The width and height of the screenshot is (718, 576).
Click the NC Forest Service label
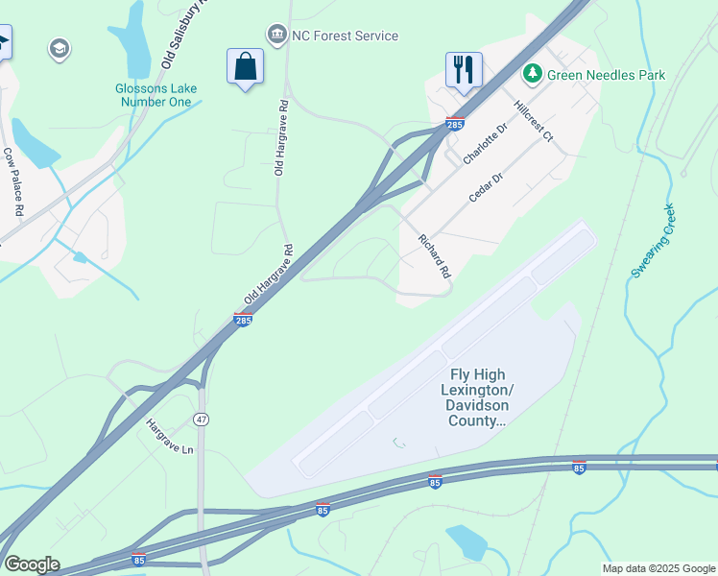(x=345, y=36)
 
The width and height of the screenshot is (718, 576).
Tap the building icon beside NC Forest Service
(x=277, y=36)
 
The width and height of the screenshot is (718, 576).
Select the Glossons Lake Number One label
(x=156, y=95)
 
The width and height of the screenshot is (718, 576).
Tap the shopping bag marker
(x=246, y=67)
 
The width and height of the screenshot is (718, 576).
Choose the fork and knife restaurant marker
(x=464, y=69)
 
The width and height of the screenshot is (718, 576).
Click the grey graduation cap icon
(x=60, y=48)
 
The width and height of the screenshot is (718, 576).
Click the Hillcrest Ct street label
(x=534, y=122)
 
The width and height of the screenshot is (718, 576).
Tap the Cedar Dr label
(x=486, y=187)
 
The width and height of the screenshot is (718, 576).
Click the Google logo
(x=32, y=564)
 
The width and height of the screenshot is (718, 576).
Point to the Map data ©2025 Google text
(x=658, y=568)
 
